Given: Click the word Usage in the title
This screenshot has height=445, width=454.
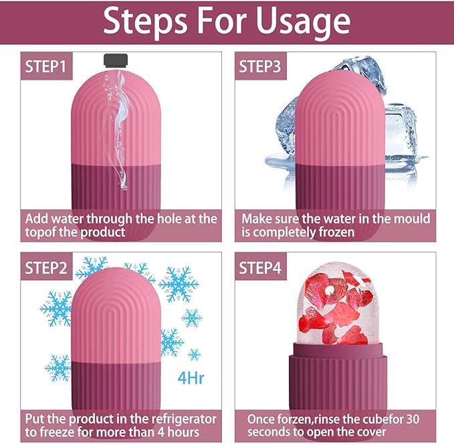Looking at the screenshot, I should point(292,22).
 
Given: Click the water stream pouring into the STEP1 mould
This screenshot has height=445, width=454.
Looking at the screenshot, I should point(119,120).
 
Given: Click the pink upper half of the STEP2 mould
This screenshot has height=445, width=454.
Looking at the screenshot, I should point(120,315).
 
